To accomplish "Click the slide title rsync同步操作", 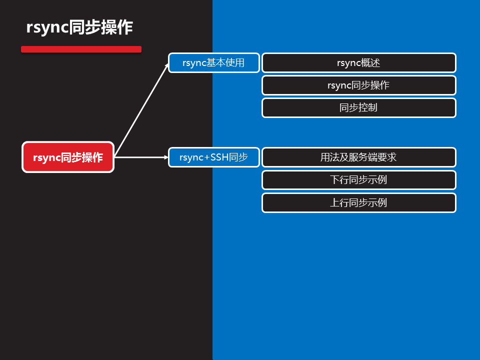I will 79,27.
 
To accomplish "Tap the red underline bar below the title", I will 81,49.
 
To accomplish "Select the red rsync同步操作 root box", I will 68,157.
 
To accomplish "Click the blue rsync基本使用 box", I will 213,63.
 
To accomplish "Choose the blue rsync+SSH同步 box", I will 213,157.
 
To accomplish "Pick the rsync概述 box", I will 358,63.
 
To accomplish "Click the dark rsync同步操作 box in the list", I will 358,85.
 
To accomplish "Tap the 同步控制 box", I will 358,107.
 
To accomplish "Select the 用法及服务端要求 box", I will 358,157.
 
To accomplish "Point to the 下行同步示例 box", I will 358,180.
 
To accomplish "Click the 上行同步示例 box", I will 358,202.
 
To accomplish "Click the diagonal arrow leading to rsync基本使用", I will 142,110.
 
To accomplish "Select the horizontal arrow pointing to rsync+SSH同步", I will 141,157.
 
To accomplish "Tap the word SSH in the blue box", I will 219,157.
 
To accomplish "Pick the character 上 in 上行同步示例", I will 334,202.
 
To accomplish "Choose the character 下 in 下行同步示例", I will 334,180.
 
